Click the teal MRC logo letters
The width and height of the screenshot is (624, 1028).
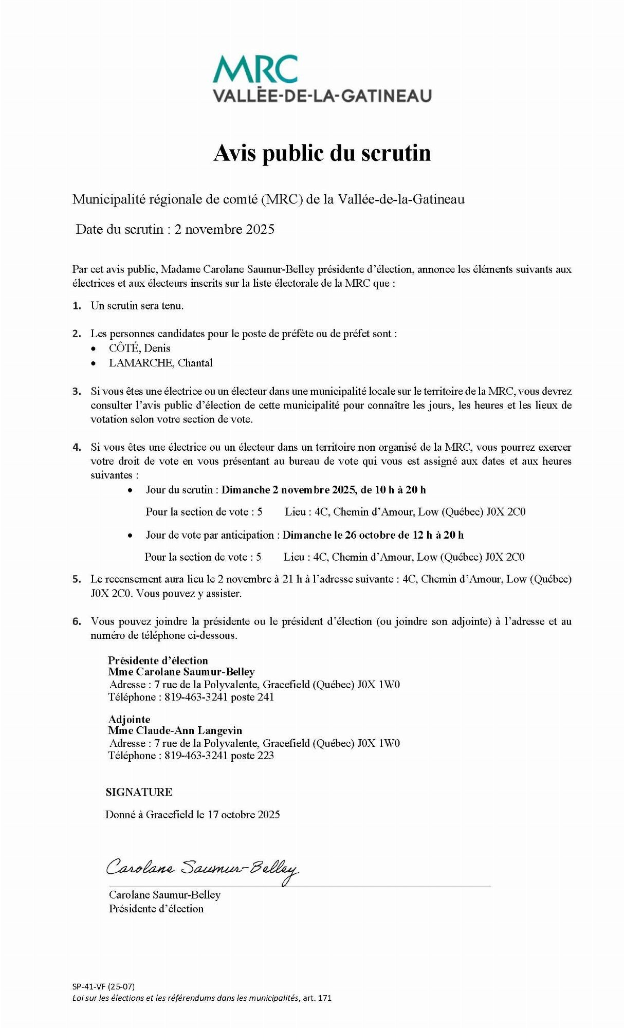coord(255,69)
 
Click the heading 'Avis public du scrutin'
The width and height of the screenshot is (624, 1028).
coord(322,153)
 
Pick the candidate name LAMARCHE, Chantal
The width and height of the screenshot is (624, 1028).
coord(160,362)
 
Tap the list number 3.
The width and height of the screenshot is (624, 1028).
coord(77,391)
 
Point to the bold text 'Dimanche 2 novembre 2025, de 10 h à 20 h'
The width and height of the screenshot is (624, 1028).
coord(323,489)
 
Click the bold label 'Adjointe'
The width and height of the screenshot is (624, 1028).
coord(129,719)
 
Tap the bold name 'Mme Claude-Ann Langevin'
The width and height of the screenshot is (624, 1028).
coord(175,730)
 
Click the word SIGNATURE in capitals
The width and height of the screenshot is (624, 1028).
coord(139,792)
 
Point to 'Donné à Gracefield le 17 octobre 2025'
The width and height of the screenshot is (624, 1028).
coord(193,814)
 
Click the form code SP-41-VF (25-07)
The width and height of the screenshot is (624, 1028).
coord(104,986)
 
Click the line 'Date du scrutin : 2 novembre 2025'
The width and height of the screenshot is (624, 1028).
coord(175,229)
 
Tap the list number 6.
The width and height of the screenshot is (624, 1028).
coord(77,621)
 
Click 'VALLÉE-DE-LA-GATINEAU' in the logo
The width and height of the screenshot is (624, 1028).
coord(322,96)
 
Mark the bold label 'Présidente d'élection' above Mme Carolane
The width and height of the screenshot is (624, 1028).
coord(158,660)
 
